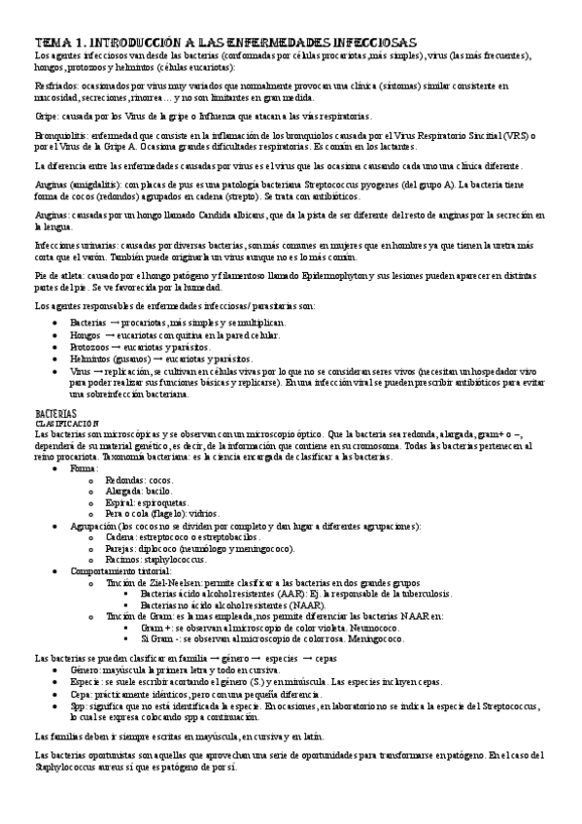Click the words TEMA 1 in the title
59,43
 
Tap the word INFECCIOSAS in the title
373,43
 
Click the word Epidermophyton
309,277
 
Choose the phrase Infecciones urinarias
72,246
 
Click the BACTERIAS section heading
53,413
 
